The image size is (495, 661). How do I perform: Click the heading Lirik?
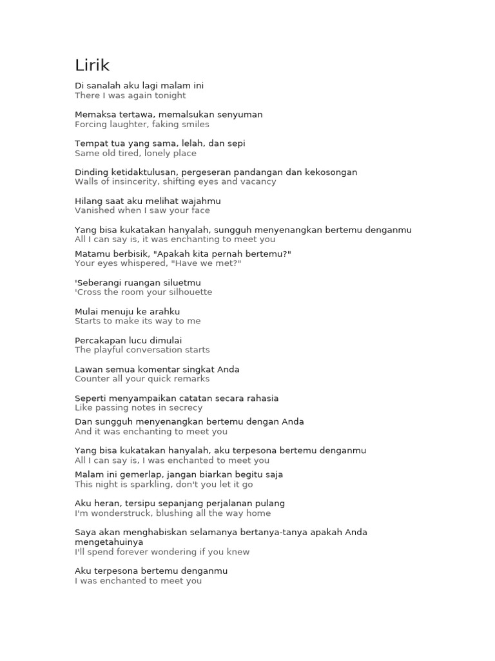(92, 65)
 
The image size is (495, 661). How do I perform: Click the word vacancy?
(258, 181)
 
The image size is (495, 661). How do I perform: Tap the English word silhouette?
(188, 292)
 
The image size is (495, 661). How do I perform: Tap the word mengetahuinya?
(109, 542)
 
